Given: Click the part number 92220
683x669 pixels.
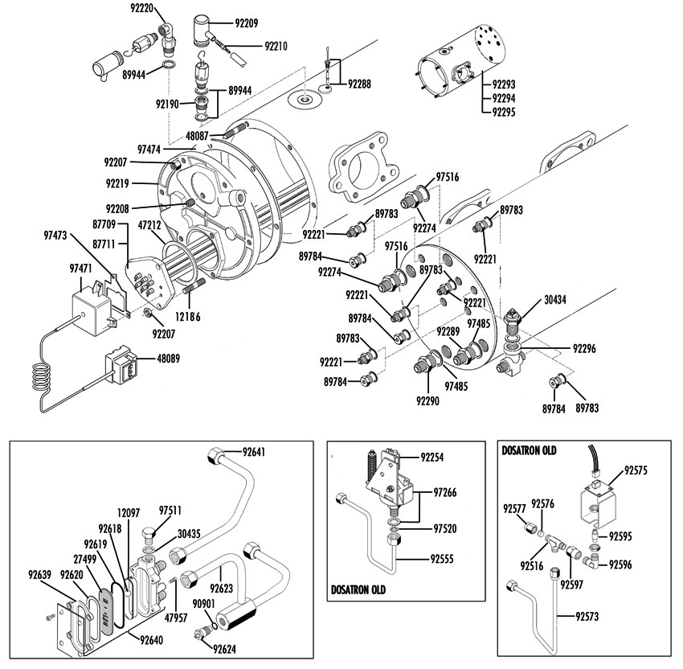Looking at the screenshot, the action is [142, 8].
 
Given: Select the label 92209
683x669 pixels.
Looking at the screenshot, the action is [247, 23].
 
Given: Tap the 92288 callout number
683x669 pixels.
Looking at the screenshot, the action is [359, 84].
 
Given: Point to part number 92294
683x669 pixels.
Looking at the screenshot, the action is [504, 98].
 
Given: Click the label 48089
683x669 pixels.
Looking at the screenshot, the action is [168, 359].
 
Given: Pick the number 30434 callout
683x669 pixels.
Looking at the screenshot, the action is [555, 300].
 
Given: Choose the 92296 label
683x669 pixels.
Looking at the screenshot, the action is [584, 349].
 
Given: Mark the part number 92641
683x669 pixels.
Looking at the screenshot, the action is [253, 452].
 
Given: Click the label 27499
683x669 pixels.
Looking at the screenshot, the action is [85, 559].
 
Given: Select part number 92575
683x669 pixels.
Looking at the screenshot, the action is [636, 470].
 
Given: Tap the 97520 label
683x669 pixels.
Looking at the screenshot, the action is [445, 528].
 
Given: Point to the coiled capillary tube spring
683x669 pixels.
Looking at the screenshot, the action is [41, 377].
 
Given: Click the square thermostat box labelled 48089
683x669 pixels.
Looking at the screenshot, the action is [121, 365].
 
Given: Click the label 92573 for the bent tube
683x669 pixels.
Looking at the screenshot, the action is [587, 616].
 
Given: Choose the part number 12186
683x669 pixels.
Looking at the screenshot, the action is [188, 317].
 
